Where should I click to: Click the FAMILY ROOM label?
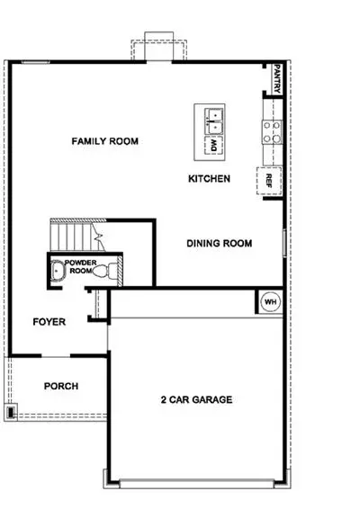105,141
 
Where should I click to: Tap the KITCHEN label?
210,179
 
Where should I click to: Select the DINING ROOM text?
220,244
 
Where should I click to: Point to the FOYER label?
49,322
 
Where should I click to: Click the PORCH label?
61,386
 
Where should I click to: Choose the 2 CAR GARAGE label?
197,399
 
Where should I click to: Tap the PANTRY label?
277,78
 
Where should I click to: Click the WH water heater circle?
270,302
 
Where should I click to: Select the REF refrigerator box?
269,181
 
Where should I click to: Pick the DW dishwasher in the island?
214,146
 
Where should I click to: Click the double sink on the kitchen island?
214,121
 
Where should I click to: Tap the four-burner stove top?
272,132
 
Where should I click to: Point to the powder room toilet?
104,271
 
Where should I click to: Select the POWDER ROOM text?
80,266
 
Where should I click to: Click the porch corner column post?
11,412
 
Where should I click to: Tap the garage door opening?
197,484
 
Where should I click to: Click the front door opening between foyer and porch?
56,356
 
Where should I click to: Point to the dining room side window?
284,243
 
